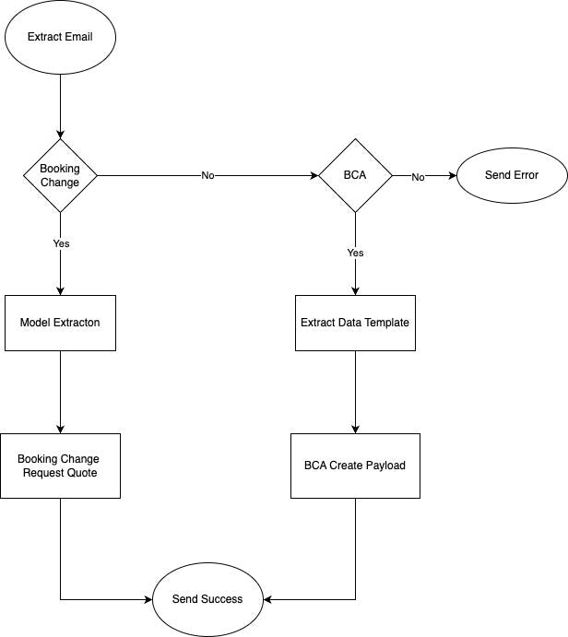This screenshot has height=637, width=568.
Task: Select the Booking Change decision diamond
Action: pyautogui.click(x=60, y=175)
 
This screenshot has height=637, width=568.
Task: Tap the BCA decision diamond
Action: pyautogui.click(x=355, y=175)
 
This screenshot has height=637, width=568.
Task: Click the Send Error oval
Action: pyautogui.click(x=511, y=175)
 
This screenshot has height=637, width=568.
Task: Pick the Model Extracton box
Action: pyautogui.click(x=60, y=323)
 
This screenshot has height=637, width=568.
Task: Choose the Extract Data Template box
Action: pyautogui.click(x=355, y=323)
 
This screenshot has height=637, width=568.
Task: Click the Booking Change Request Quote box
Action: pyautogui.click(x=60, y=466)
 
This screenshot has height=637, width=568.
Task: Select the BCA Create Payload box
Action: pyautogui.click(x=355, y=466)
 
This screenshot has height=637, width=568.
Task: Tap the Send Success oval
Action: pyautogui.click(x=207, y=599)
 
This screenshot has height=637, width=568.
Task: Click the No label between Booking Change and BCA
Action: pyautogui.click(x=207, y=176)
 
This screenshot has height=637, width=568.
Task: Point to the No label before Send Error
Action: pyautogui.click(x=418, y=176)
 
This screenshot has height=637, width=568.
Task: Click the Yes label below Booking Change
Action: pyautogui.click(x=61, y=244)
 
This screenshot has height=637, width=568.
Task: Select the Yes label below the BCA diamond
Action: pyautogui.click(x=355, y=252)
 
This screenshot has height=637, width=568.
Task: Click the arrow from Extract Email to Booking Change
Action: pyautogui.click(x=60, y=106)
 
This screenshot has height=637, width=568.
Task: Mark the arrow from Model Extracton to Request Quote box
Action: pyautogui.click(x=60, y=392)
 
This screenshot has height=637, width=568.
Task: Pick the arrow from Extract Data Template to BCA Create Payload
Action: pyautogui.click(x=355, y=392)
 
